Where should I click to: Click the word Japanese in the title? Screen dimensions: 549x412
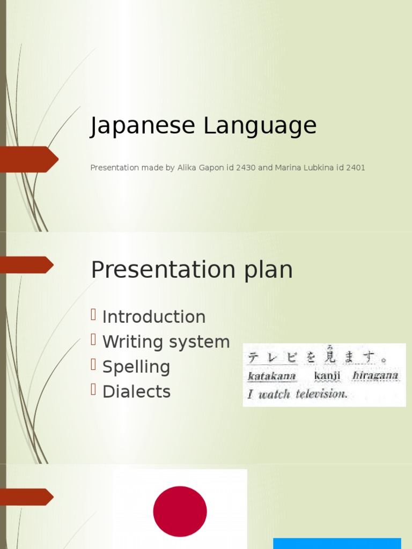coord(143,126)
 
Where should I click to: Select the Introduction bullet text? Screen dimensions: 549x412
coord(153,317)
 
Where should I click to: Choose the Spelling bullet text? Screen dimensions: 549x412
coord(136,367)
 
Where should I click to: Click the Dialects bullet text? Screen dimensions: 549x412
coord(136,391)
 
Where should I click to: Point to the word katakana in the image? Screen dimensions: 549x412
coord(271,376)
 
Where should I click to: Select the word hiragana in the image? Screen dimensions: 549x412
coord(375,375)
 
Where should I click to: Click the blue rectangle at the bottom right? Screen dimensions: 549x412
coord(337,543)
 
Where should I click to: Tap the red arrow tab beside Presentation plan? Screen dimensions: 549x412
coord(26,265)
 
